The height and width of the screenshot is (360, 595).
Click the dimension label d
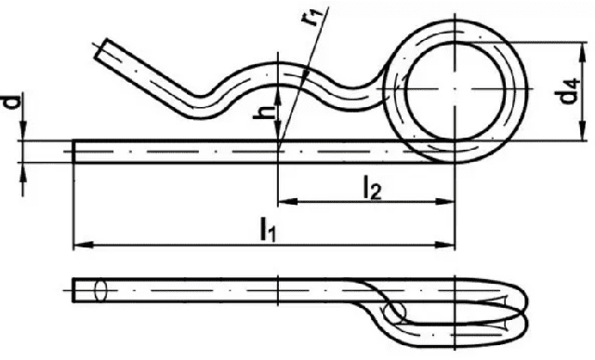tap(13, 102)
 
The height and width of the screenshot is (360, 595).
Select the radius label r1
tap(315, 17)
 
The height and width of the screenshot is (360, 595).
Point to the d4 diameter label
tap(568, 91)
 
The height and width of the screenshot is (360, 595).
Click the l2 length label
tap(372, 188)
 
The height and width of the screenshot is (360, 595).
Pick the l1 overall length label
tap(268, 230)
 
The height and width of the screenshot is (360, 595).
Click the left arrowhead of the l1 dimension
tap(83, 245)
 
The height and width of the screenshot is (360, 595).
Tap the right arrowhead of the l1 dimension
tap(444, 245)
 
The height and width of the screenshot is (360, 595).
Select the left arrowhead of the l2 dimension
tap(288, 202)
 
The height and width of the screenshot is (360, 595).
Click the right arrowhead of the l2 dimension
tap(444, 202)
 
